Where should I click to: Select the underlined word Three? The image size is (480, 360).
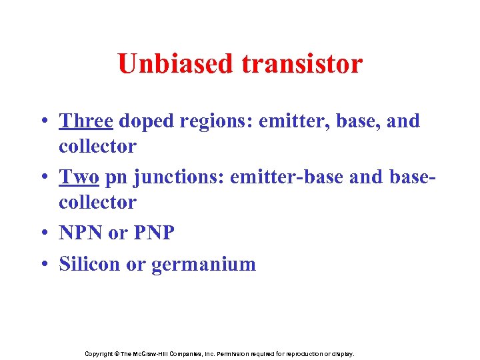(x=87, y=121)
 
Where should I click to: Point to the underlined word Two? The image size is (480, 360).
(x=79, y=177)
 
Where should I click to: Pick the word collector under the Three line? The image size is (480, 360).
(x=97, y=145)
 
